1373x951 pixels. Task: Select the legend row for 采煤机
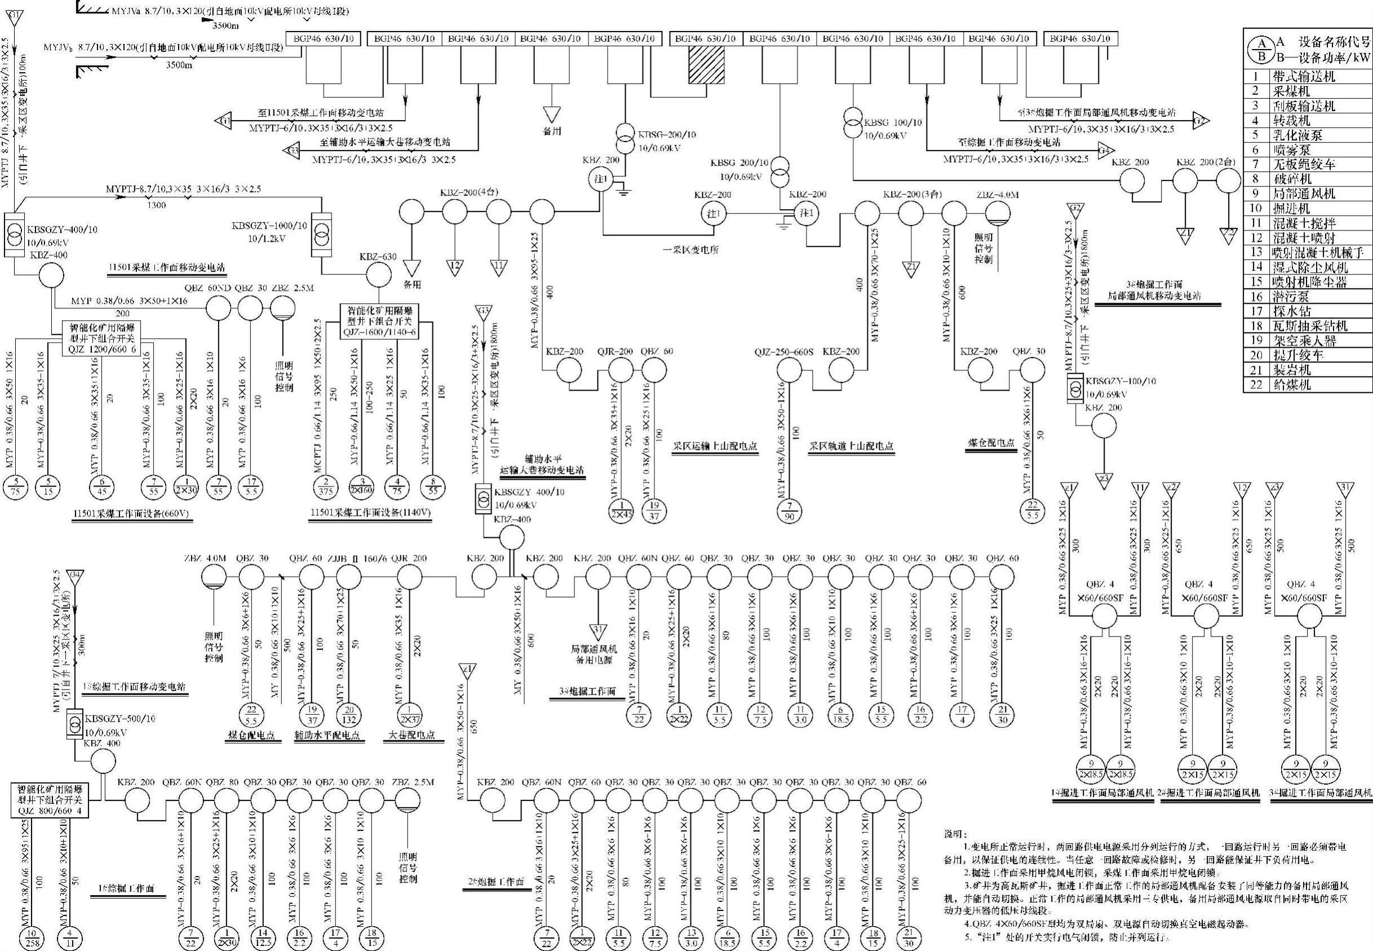point(1308,91)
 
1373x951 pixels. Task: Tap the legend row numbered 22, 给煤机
point(1308,385)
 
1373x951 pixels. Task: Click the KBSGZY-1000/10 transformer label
point(269,227)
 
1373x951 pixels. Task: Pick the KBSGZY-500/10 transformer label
point(119,719)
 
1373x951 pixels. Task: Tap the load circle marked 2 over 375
point(325,487)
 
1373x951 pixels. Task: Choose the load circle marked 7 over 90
point(789,512)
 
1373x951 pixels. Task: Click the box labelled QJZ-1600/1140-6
point(379,322)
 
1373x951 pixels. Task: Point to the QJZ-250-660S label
point(783,352)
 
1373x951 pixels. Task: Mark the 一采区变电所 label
point(691,250)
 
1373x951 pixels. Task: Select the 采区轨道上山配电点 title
point(851,446)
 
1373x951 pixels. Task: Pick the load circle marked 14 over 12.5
point(263,938)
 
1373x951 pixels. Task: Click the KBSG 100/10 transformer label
point(892,123)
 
